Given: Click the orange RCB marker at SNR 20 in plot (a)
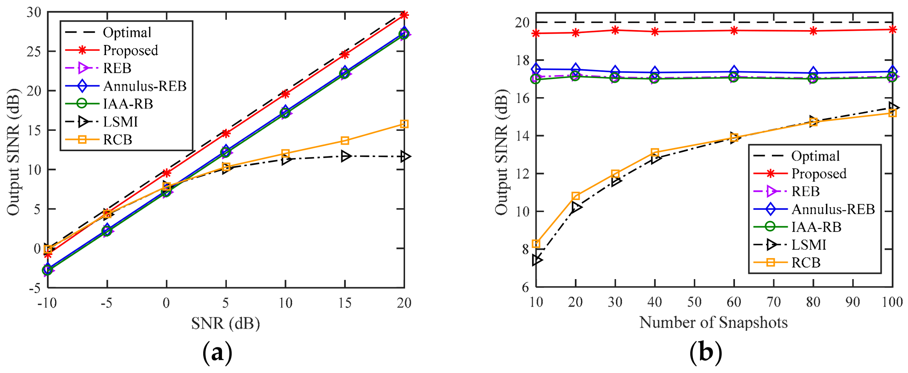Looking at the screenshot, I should click(x=404, y=124).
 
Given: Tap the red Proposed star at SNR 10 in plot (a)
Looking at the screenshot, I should click(x=285, y=94).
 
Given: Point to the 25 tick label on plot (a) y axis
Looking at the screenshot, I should click(x=34, y=51).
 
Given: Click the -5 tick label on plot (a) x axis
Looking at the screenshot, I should click(x=106, y=303).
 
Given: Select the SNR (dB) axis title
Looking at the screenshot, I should click(x=225, y=323).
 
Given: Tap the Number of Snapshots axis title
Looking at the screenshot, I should click(x=713, y=322).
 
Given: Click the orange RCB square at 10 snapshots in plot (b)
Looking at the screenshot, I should click(x=536, y=244).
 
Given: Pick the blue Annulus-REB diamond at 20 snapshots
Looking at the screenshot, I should click(x=576, y=69).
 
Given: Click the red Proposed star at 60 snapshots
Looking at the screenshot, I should click(x=734, y=30).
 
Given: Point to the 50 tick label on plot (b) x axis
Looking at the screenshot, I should click(x=694, y=302).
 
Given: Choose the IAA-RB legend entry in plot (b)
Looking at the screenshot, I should click(x=816, y=227).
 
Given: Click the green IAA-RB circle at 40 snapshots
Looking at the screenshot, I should click(x=655, y=78).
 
